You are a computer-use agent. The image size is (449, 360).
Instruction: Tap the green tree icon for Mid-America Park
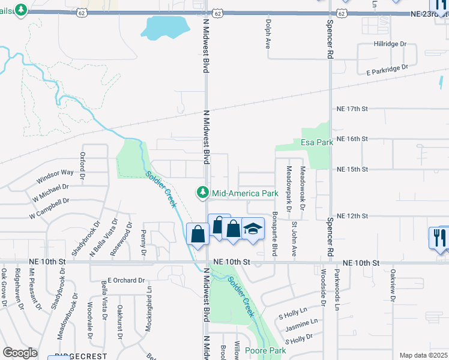pyautogui.click(x=203, y=193)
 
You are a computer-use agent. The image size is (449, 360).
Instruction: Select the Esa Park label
pyautogui.click(x=316, y=143)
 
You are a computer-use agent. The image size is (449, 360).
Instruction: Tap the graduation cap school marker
pyautogui.click(x=253, y=229)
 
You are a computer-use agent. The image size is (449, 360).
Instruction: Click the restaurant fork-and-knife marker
pyautogui.click(x=438, y=237)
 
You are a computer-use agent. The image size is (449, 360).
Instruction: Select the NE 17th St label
pyautogui.click(x=352, y=109)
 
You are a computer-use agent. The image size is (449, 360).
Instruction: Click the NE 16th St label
pyautogui.click(x=352, y=139)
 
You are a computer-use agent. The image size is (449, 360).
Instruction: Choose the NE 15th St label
pyautogui.click(x=352, y=169)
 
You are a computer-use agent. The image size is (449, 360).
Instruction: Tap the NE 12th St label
pyautogui.click(x=352, y=215)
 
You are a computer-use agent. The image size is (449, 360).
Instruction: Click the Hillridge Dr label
pyautogui.click(x=390, y=44)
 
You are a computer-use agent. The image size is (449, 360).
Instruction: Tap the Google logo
pyautogui.click(x=20, y=353)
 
